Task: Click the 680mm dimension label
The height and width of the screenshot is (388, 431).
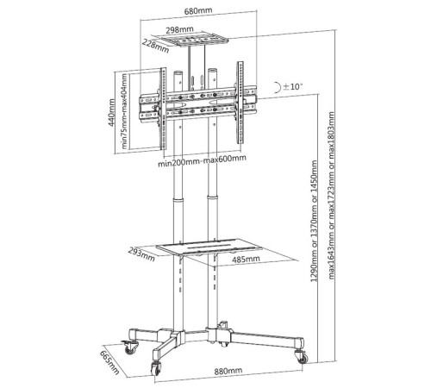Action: point(198,11)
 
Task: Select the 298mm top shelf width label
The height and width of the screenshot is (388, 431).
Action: point(179,29)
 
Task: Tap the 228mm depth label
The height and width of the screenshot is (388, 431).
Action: point(155,46)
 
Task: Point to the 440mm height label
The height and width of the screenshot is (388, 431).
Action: point(111,112)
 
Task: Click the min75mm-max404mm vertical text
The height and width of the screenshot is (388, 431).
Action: point(124,111)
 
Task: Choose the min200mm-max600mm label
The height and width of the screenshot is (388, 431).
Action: point(202,161)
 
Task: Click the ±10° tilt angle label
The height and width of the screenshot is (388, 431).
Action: point(293,86)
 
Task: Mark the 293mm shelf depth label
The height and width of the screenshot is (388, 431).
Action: point(141,254)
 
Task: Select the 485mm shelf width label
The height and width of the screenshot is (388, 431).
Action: point(246,259)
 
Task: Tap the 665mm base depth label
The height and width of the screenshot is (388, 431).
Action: point(109,362)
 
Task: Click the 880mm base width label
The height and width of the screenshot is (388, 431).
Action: point(228,371)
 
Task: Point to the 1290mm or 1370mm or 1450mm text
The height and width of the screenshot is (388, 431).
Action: point(314,221)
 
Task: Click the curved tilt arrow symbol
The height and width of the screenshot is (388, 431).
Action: point(278,87)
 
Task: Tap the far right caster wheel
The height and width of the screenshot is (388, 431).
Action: point(302,357)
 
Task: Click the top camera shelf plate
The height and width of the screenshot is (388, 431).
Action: point(194,40)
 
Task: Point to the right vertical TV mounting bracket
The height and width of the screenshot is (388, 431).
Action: point(240,103)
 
